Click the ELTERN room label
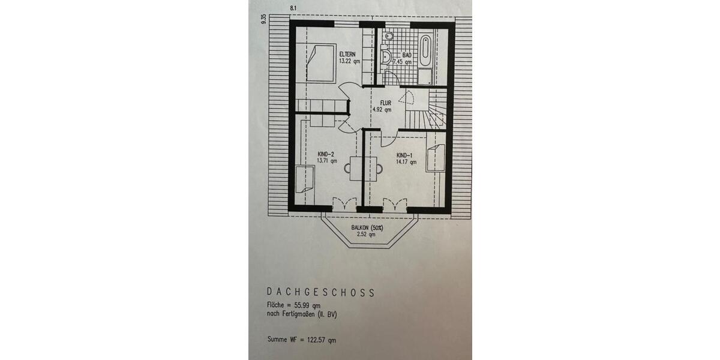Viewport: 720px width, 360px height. click(x=349, y=55)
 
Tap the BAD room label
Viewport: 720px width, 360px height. click(x=407, y=55)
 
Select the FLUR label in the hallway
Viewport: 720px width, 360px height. click(x=386, y=103)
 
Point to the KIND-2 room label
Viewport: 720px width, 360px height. click(x=326, y=154)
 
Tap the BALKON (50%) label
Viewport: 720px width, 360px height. click(x=367, y=227)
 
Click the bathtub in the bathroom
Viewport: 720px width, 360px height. click(x=425, y=50)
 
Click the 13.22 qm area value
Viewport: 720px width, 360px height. click(x=349, y=61)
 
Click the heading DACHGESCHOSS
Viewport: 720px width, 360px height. click(x=321, y=293)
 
